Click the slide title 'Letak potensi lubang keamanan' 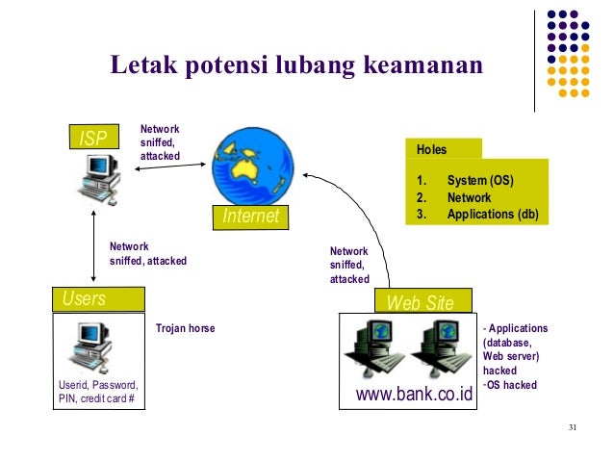[x=295, y=65]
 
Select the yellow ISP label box [x=94, y=139]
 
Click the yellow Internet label [x=250, y=217]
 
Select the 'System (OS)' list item [x=479, y=180]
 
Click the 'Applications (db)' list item [x=492, y=215]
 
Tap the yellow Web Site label [x=420, y=301]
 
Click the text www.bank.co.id [x=415, y=395]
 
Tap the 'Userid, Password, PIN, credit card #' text [x=97, y=393]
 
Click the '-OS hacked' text [x=509, y=385]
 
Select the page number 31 [x=574, y=427]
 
